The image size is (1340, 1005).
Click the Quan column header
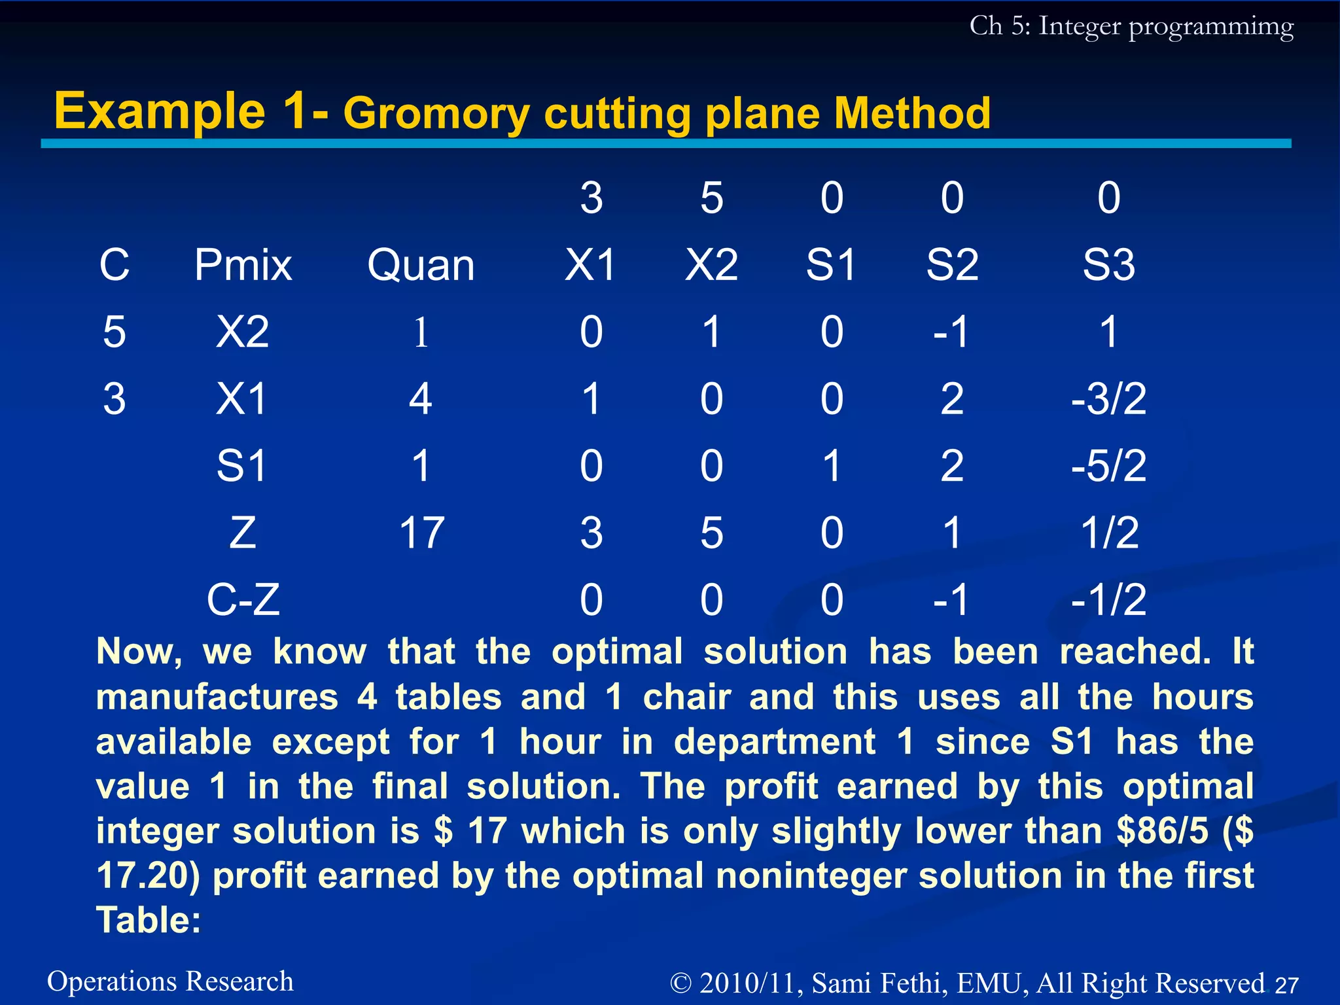tap(421, 266)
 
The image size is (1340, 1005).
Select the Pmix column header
tap(243, 266)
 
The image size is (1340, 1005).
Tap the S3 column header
tap(1108, 266)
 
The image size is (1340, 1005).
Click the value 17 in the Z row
tap(422, 533)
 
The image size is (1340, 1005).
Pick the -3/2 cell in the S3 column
tap(1108, 399)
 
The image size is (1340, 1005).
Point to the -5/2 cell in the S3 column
tap(1108, 466)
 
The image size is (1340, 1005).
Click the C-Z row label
tap(243, 599)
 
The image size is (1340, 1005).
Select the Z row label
tap(243, 533)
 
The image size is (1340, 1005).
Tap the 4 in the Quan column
tap(421, 399)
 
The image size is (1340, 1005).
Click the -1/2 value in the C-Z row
tap(1108, 599)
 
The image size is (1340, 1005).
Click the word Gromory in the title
tap(436, 114)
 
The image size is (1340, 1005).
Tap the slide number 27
tap(1286, 985)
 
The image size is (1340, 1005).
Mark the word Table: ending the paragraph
tap(149, 920)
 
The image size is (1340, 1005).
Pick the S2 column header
tap(952, 266)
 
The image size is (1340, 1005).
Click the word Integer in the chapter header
tap(1080, 26)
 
